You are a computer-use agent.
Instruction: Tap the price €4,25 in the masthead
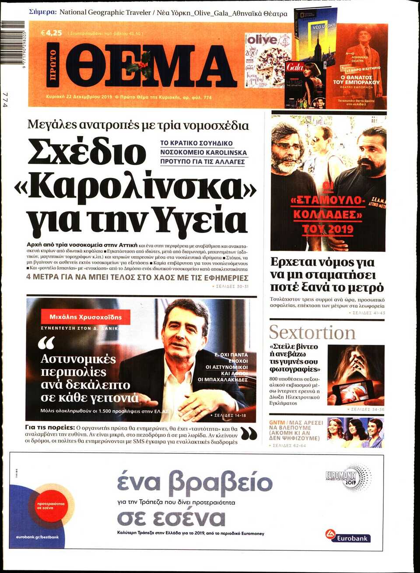click(52, 33)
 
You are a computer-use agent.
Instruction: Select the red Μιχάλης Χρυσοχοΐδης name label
click(86, 317)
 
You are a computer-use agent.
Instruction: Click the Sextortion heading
click(312, 333)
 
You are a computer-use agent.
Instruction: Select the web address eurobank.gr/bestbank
click(37, 537)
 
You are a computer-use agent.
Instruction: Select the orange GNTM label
click(277, 423)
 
